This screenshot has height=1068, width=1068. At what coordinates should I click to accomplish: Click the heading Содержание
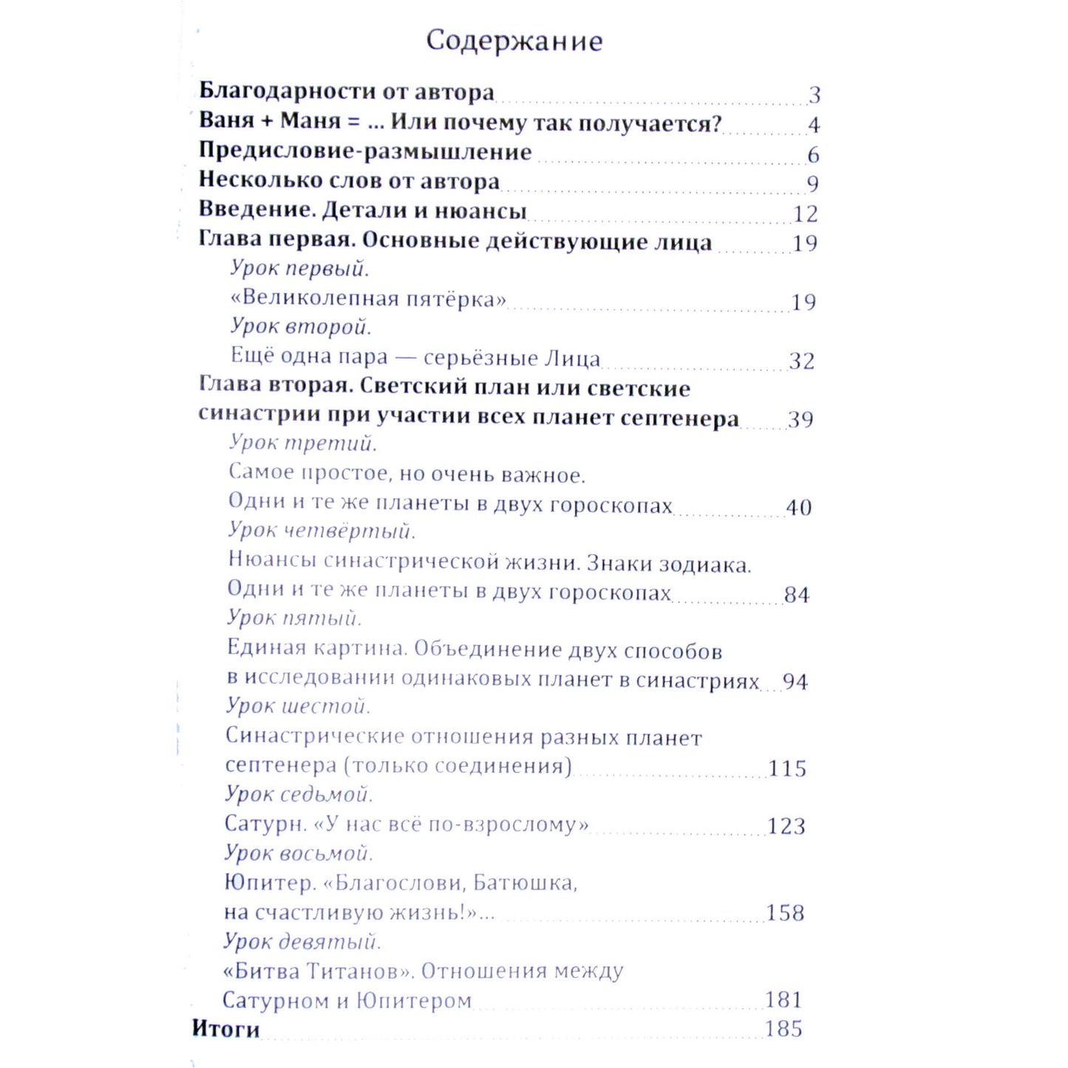click(514, 41)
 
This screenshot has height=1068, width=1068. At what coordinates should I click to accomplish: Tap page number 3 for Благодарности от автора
click(814, 95)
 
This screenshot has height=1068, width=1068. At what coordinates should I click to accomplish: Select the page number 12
click(805, 214)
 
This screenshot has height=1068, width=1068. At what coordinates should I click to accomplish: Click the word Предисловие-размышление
click(365, 152)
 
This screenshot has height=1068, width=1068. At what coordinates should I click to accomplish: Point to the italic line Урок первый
click(299, 268)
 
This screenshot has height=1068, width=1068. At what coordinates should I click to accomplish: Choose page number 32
click(801, 361)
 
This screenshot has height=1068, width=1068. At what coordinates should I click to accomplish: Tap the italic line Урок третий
click(303, 443)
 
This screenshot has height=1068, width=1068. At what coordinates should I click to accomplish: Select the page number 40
click(798, 508)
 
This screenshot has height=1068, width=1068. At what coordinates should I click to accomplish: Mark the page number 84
click(797, 595)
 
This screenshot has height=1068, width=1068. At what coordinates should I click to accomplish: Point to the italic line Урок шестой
click(298, 707)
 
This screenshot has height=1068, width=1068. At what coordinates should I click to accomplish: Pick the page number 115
click(787, 769)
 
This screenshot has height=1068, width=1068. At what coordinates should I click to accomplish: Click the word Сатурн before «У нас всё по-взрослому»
click(265, 824)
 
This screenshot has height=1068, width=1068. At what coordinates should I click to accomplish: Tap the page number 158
click(785, 913)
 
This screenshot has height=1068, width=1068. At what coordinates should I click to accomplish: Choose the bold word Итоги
click(226, 1029)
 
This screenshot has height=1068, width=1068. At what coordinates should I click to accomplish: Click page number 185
click(783, 1029)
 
